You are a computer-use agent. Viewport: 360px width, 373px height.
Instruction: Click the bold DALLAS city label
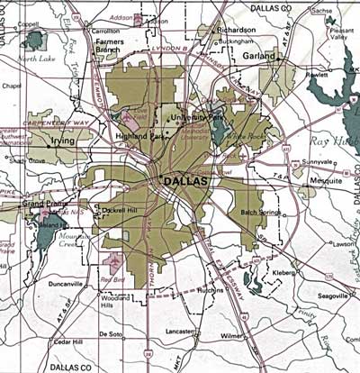click(185, 182)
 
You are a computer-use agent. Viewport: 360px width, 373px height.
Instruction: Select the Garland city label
click(259, 56)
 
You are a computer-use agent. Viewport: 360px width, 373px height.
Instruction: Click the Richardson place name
click(238, 30)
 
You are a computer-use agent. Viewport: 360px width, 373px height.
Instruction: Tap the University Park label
click(203, 117)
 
